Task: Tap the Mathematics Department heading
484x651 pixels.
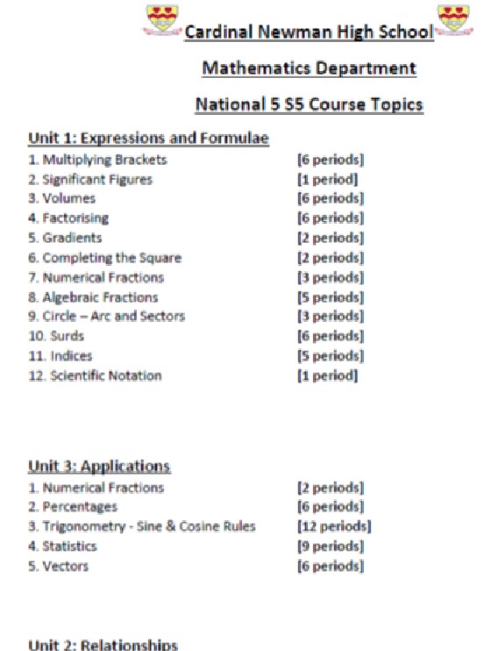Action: click(310, 68)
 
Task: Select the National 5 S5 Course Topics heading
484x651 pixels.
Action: click(310, 104)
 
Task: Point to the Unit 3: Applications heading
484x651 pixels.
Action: click(99, 465)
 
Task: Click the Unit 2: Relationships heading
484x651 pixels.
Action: click(103, 644)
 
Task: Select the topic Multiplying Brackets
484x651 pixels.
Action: click(97, 160)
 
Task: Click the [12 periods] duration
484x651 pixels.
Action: click(334, 526)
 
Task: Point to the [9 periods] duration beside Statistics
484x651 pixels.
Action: click(331, 547)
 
